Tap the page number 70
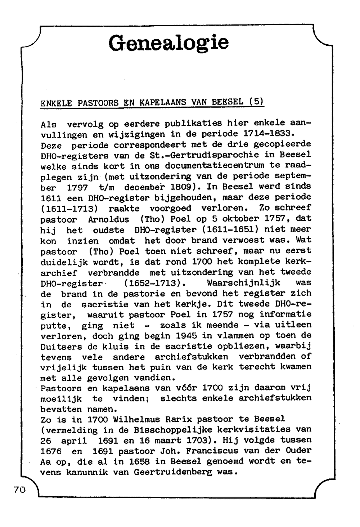[19, 489]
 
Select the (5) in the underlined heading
[256, 102]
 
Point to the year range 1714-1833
[266, 134]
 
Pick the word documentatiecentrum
[215, 166]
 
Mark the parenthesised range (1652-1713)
[152, 283]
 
